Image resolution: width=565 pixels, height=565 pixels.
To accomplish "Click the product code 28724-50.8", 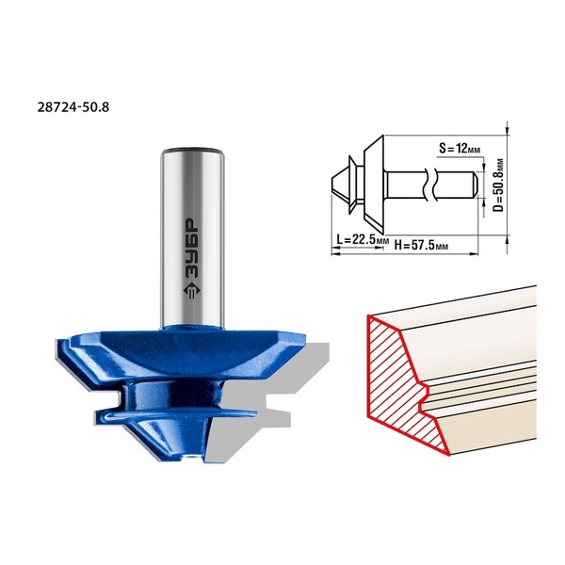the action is [73, 107].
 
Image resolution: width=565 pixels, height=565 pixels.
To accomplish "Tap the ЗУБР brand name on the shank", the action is [191, 248].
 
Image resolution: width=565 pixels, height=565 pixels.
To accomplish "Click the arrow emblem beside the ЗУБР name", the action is [191, 290].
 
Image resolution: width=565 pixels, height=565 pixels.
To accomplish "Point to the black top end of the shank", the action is [192, 150].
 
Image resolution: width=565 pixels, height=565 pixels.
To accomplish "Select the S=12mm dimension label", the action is [460, 148].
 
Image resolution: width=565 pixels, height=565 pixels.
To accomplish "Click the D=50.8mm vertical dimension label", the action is [498, 185].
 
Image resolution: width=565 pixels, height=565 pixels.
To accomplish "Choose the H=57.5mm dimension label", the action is [421, 246].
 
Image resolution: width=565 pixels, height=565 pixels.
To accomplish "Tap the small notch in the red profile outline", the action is [425, 395].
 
